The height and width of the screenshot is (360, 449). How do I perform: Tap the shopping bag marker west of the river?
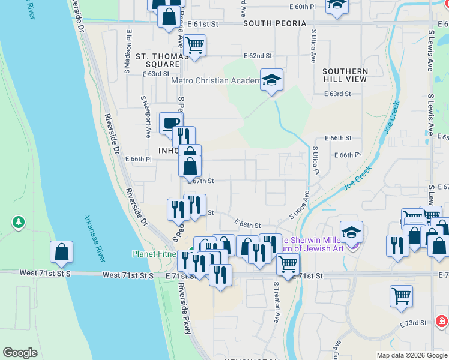(x=61, y=253)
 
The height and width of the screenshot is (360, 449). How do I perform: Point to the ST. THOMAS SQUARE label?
(x=158, y=61)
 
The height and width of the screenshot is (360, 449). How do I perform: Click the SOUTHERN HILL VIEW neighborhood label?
(x=345, y=75)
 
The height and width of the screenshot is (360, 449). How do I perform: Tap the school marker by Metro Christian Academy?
(x=271, y=80)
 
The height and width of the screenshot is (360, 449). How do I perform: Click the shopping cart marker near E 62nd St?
(x=194, y=45)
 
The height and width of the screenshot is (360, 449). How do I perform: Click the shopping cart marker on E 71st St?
(x=288, y=264)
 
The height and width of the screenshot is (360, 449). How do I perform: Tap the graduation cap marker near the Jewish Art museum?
(x=351, y=232)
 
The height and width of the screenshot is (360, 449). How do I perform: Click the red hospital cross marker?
(x=442, y=321)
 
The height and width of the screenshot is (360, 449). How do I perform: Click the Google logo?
(x=20, y=353)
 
